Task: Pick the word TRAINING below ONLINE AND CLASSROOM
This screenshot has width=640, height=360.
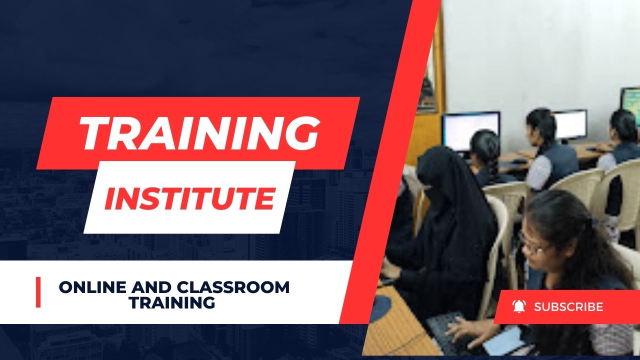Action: point(172,302)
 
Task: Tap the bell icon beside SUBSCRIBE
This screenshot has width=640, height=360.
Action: point(519,306)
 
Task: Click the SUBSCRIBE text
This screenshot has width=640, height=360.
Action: point(568,307)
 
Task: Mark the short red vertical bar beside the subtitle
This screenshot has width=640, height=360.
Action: point(38,292)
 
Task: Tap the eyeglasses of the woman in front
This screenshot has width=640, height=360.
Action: point(535,245)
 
